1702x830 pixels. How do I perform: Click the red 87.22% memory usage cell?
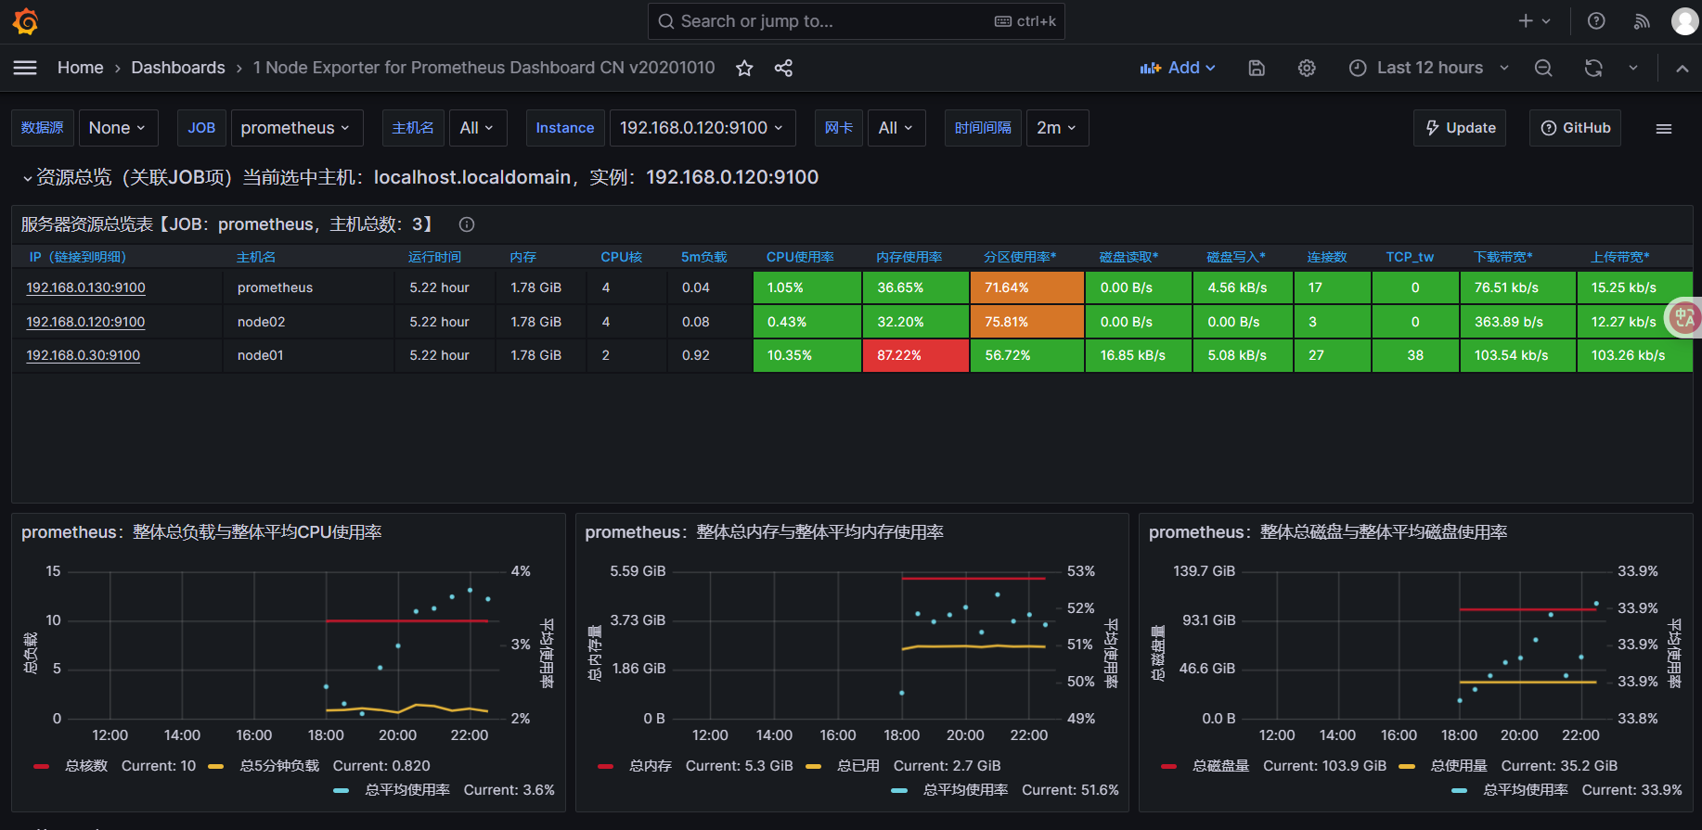[x=915, y=355]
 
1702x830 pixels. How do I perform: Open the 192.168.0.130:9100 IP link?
[x=85, y=287]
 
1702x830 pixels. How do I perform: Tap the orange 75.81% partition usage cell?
[x=1027, y=322]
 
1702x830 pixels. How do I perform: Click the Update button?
[x=1460, y=128]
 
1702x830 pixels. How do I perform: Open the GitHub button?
[x=1575, y=128]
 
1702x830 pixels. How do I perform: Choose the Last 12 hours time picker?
[x=1429, y=68]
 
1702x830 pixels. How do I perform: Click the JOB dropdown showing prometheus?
[x=294, y=128]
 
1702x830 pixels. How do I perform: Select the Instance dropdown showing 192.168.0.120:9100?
[x=702, y=128]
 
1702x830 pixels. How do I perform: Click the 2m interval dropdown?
[x=1057, y=128]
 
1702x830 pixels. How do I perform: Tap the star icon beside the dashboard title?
[x=744, y=68]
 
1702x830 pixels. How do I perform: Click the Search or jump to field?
[x=856, y=21]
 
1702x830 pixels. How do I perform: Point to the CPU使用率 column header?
[x=800, y=257]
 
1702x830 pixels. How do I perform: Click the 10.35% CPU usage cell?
[x=806, y=355]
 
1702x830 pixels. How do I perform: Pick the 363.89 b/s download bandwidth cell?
[x=1517, y=322]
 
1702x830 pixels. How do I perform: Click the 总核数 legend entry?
[x=86, y=766]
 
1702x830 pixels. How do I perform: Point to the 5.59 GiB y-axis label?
[x=638, y=571]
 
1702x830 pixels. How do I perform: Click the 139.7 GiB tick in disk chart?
[x=1204, y=571]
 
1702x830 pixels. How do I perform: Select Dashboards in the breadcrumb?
[x=178, y=68]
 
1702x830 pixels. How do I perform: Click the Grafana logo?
[x=26, y=21]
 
